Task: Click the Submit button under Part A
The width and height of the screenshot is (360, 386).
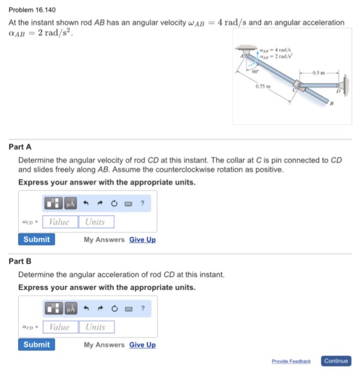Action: click(36, 239)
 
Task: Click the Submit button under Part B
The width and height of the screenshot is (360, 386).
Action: click(36, 345)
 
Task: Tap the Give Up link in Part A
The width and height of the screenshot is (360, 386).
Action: click(142, 240)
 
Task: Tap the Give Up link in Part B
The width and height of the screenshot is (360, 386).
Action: click(142, 345)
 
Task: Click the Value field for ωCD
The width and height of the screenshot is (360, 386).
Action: click(60, 222)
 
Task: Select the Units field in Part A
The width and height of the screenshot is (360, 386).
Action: click(96, 222)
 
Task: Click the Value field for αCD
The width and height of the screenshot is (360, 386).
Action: click(60, 327)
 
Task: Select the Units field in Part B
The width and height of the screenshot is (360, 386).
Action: click(96, 327)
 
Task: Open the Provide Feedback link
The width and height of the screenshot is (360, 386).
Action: click(291, 361)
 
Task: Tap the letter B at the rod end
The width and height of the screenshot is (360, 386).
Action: click(332, 103)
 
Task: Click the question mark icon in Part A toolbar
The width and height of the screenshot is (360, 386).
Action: click(143, 203)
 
